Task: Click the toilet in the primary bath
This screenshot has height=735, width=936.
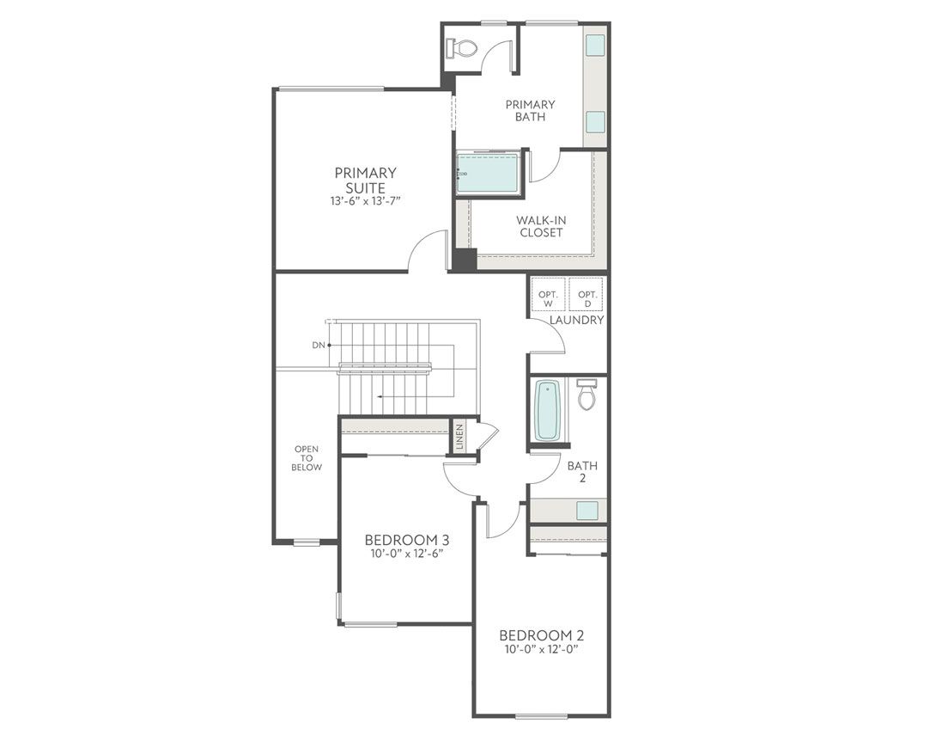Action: (464, 47)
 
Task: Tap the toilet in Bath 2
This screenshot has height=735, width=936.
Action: (587, 395)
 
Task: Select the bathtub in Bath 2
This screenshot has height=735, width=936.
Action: (547, 411)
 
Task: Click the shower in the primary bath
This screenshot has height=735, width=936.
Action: (487, 174)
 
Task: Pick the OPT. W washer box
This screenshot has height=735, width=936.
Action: (548, 297)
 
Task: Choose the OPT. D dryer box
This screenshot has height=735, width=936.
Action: (587, 297)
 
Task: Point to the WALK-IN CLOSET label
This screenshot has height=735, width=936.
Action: (541, 226)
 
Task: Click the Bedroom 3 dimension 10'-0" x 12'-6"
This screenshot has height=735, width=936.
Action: (407, 553)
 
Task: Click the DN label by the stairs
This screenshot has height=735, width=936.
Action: (319, 345)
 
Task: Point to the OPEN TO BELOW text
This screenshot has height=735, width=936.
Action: (307, 458)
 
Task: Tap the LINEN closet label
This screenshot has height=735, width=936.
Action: (459, 437)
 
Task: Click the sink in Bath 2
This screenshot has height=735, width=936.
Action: (587, 510)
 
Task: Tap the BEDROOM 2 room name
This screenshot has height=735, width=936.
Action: (542, 635)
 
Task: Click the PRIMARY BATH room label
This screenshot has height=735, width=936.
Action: (530, 111)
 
